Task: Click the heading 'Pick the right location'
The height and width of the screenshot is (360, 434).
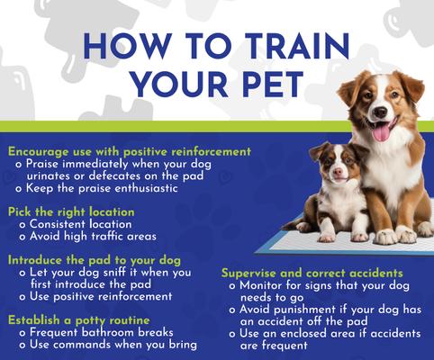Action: [71, 211]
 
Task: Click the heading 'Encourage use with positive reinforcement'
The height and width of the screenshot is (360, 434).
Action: [129, 152]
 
